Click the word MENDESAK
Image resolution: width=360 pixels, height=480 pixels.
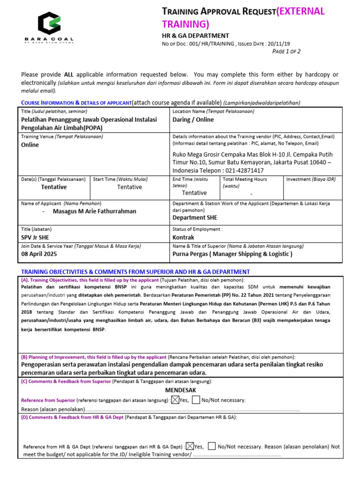coord(180,390)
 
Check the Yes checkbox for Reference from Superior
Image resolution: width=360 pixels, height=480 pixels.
coord(175,400)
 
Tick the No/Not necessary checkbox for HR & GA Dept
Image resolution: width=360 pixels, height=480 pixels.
coord(212,446)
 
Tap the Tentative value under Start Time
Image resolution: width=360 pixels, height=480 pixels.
coord(129,187)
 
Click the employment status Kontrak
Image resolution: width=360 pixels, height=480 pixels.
coord(184,238)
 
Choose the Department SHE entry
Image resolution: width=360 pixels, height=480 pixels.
coord(195,217)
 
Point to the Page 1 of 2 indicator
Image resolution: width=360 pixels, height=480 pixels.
coord(286,52)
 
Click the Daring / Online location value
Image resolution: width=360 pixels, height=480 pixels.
coord(193,120)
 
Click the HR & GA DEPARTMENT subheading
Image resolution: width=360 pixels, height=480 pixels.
coord(195,36)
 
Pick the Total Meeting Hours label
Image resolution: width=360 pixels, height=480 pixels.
coord(245,179)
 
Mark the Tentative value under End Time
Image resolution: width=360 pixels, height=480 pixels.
coord(194,193)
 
